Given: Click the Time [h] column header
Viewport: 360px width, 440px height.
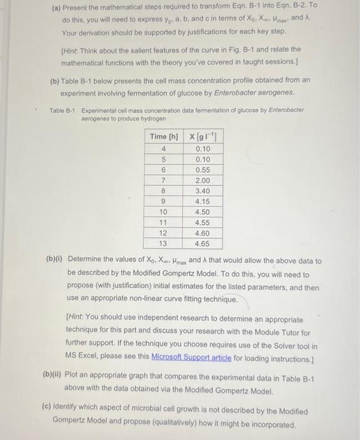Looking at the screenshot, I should [x=164, y=136].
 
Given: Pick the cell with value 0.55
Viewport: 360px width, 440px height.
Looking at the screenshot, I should [x=202, y=170].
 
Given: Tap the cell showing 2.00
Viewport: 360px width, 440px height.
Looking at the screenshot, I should [x=202, y=180].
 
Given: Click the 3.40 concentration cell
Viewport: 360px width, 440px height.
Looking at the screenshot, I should [x=202, y=190].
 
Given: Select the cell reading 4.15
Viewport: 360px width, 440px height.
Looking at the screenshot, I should [x=202, y=201].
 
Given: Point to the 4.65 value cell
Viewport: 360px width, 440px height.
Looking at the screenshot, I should [x=202, y=243].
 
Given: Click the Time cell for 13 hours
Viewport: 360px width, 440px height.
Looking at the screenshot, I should [x=163, y=243].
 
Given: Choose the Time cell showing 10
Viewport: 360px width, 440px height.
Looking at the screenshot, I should [x=163, y=212].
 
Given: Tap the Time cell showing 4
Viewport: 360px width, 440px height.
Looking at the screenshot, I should [x=163, y=149].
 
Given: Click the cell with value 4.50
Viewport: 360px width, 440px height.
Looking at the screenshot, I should [x=202, y=212].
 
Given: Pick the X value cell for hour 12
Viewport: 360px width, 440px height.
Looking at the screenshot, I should [x=202, y=233].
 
